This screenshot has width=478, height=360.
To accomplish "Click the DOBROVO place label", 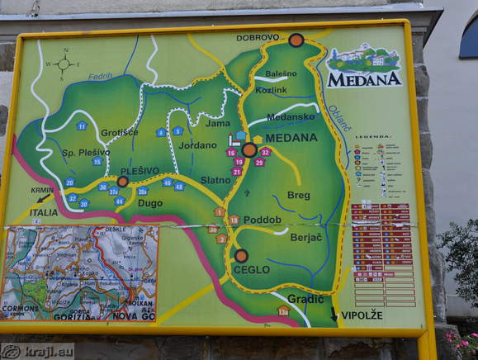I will [x=257, y=38].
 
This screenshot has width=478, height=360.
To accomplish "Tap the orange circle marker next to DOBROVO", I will [x=296, y=40].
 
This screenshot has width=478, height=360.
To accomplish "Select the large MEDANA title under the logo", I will [x=364, y=80].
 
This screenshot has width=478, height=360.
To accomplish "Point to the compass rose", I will [x=63, y=64].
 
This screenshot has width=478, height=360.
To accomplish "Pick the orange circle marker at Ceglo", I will [x=241, y=256].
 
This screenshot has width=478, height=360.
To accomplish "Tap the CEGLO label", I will [x=251, y=269].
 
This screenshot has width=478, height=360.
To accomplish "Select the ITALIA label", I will [x=44, y=212].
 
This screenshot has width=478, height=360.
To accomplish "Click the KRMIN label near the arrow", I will [x=42, y=190].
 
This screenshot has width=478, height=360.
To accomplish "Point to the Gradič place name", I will [x=305, y=298].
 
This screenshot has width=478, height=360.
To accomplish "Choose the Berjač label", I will [x=305, y=237].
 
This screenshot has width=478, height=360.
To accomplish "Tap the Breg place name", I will [x=298, y=196].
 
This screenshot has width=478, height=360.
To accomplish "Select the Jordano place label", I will [x=197, y=144].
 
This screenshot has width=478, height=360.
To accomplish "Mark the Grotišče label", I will [x=119, y=132].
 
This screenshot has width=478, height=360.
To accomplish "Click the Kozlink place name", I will [x=271, y=89].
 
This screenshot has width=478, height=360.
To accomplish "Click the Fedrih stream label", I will [x=100, y=76].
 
